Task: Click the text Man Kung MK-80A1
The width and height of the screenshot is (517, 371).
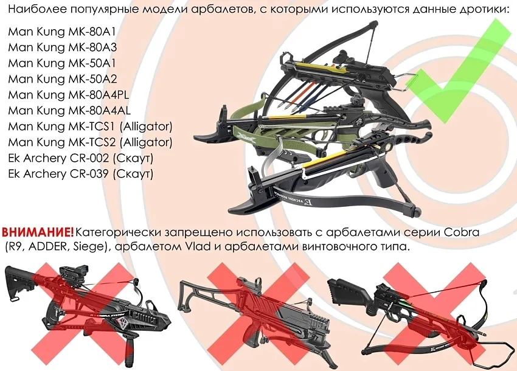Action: point(62,32)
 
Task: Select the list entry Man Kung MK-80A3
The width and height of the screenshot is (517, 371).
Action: point(62,47)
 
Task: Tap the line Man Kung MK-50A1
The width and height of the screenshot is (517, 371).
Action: point(62,63)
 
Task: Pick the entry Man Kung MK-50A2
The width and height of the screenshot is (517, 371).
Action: point(62,79)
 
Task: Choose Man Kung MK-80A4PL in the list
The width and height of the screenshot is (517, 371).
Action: point(69,95)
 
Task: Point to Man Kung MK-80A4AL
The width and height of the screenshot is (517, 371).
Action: point(69,111)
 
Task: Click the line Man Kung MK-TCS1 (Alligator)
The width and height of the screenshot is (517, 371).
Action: point(91,127)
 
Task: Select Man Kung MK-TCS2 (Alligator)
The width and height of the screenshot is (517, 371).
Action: point(91,142)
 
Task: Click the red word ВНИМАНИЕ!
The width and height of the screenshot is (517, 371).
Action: point(38,232)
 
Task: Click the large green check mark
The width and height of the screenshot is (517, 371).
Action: point(462,71)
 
